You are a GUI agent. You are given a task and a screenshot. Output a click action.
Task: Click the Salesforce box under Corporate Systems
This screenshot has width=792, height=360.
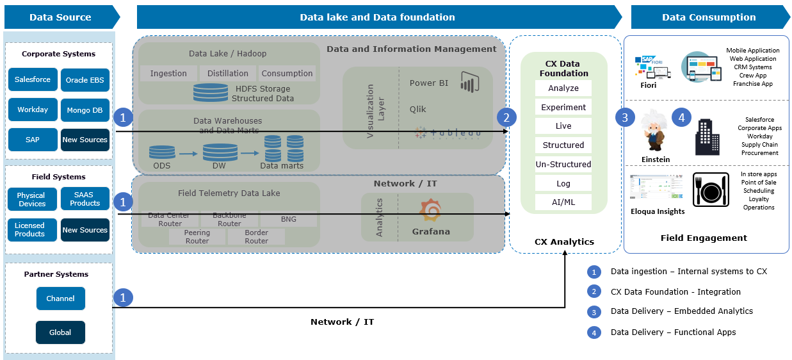[33, 80]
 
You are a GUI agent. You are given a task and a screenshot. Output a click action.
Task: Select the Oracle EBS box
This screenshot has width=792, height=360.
[85, 81]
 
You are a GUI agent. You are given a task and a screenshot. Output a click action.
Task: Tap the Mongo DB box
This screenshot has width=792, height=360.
[85, 110]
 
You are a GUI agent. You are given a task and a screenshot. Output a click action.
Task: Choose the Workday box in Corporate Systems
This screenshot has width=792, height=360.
[33, 110]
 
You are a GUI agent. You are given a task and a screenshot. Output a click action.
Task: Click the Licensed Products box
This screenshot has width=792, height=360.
[30, 230]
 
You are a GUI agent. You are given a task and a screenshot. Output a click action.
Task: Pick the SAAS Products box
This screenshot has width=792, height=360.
[85, 199]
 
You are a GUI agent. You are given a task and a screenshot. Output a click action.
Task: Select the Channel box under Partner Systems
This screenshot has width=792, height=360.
[60, 299]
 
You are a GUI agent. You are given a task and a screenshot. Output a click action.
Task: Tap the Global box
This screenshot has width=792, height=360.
[60, 332]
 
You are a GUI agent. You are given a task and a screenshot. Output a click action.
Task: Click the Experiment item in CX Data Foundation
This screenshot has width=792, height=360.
[563, 108]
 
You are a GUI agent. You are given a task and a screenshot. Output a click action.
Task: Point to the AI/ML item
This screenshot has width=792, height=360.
[563, 202]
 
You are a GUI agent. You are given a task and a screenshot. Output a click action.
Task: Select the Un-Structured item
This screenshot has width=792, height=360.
[563, 165]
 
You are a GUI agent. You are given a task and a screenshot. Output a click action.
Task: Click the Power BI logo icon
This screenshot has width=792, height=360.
[470, 83]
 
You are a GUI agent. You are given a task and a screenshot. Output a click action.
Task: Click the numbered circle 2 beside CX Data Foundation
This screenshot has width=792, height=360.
[506, 118]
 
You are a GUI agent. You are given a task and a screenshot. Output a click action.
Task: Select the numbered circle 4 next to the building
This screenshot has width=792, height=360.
[681, 118]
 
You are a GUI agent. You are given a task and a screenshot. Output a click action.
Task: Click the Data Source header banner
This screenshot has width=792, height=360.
[60, 17]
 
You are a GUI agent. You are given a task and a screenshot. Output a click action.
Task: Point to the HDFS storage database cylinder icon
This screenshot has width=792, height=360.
[210, 93]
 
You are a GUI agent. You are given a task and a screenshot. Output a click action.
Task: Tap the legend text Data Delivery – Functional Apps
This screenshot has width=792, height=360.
[673, 332]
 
